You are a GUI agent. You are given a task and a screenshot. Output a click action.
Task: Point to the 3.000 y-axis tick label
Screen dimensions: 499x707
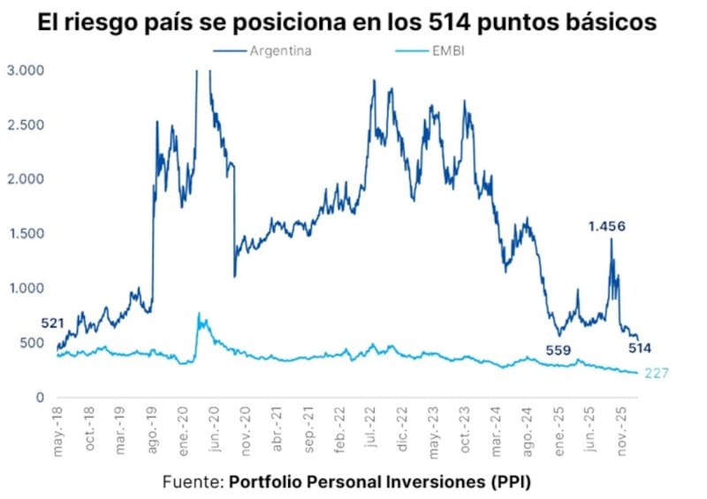[x=27, y=70]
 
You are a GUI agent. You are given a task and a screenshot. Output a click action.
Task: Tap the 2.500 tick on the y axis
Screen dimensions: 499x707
[x=27, y=125]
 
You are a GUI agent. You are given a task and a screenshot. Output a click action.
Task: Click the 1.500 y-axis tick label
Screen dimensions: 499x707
[x=27, y=233]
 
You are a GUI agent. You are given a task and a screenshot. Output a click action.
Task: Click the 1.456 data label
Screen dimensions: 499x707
[x=607, y=226]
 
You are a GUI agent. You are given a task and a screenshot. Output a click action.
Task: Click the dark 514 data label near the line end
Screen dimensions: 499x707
[x=639, y=348]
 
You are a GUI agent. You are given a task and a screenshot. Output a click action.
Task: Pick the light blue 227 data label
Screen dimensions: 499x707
[x=656, y=374]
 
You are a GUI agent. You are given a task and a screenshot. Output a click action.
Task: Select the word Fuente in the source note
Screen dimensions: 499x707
[x=190, y=482]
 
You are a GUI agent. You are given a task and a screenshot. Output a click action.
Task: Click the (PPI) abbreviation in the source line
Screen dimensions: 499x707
[x=510, y=482]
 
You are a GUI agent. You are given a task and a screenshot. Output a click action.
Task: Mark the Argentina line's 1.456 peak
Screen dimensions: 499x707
[x=610, y=239]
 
